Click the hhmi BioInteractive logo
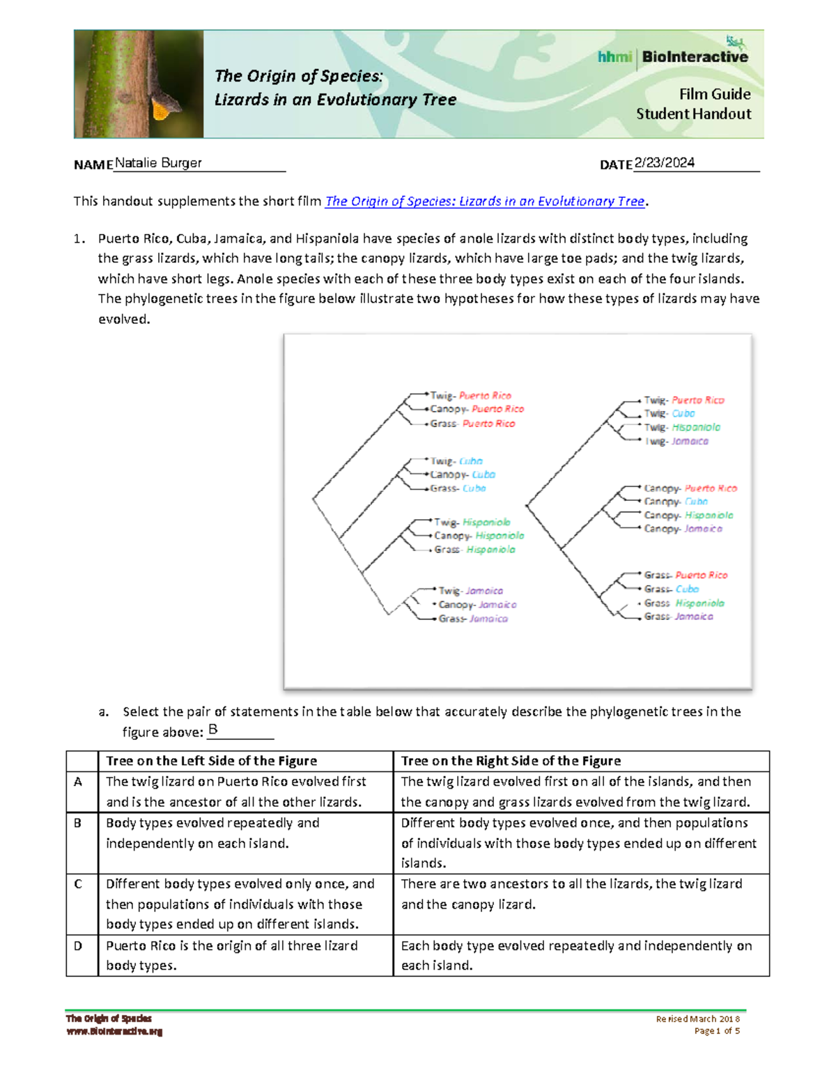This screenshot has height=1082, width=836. [673, 56]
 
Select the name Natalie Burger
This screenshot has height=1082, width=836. [158, 163]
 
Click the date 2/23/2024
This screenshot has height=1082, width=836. [664, 163]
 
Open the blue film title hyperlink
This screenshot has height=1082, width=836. [485, 201]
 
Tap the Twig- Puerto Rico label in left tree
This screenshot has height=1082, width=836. [471, 395]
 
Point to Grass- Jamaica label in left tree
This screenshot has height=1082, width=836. [473, 619]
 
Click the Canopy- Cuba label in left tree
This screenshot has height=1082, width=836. [463, 474]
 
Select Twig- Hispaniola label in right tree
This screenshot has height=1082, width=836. [682, 427]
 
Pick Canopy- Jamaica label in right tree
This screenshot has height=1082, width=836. [683, 529]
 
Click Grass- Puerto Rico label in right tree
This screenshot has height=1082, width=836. [686, 575]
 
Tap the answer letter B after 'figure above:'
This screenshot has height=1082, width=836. [213, 729]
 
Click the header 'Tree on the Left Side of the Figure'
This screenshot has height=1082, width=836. [211, 761]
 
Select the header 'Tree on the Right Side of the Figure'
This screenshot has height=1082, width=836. [511, 761]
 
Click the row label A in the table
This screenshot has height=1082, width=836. [78, 782]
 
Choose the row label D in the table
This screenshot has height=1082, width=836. [78, 945]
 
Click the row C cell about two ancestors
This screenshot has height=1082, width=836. [571, 894]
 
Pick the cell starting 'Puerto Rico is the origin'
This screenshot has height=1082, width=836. [231, 955]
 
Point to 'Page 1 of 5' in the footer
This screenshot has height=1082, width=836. [717, 1031]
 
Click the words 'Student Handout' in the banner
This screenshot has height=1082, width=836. [693, 114]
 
